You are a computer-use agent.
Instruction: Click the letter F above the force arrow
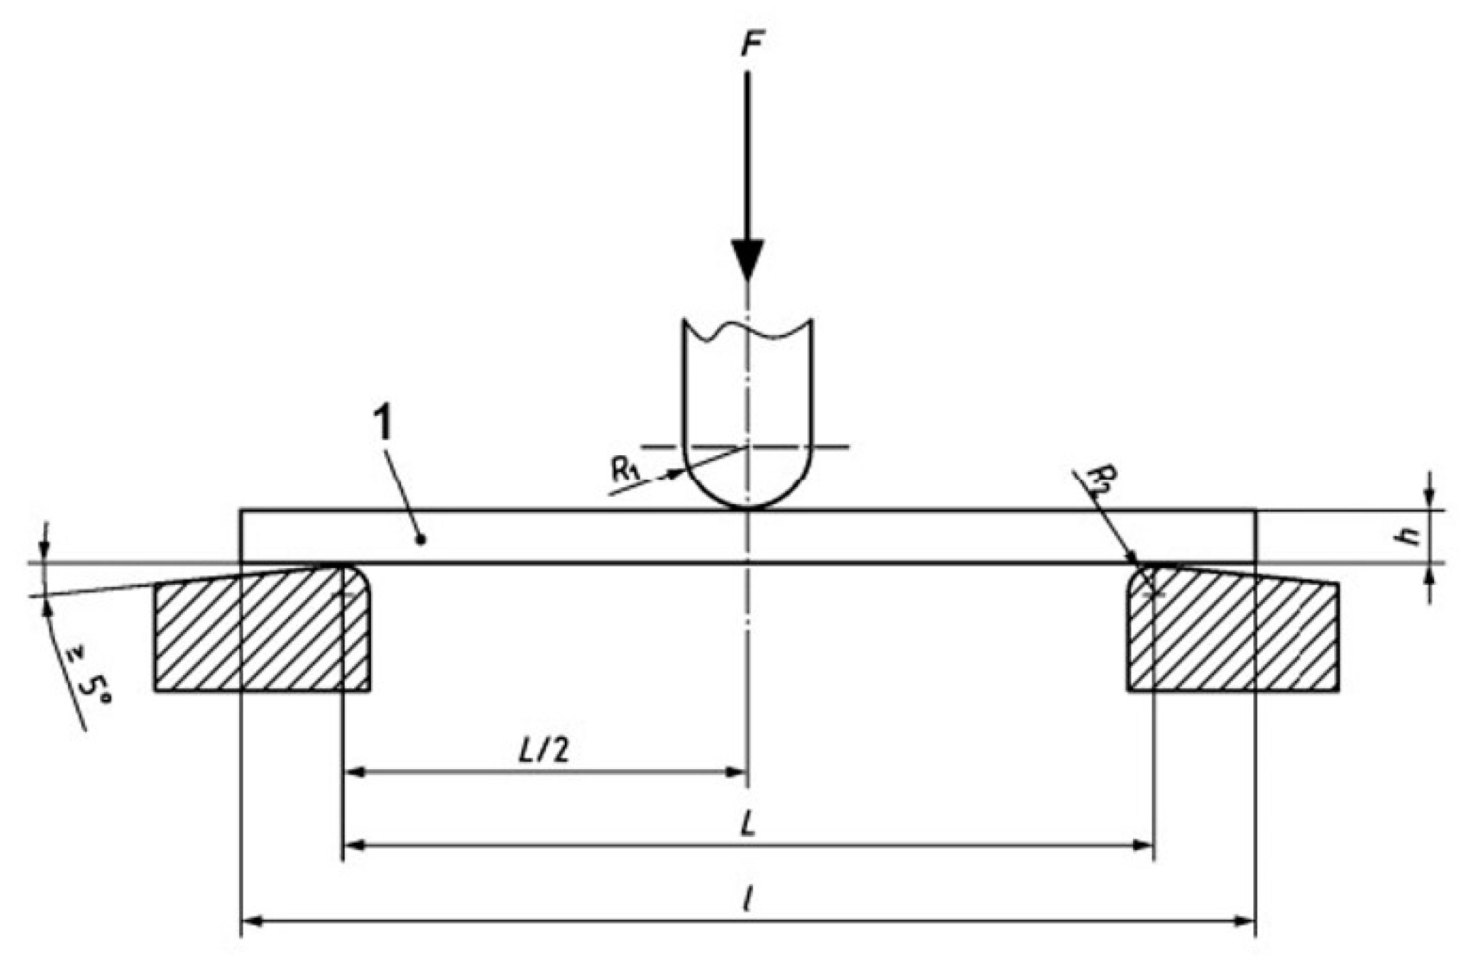[x=750, y=45]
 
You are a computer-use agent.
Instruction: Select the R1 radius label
[x=626, y=469]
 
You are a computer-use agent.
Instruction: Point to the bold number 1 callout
[x=383, y=424]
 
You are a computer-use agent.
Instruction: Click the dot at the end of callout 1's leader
[x=422, y=540]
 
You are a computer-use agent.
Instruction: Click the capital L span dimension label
[x=748, y=824]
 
